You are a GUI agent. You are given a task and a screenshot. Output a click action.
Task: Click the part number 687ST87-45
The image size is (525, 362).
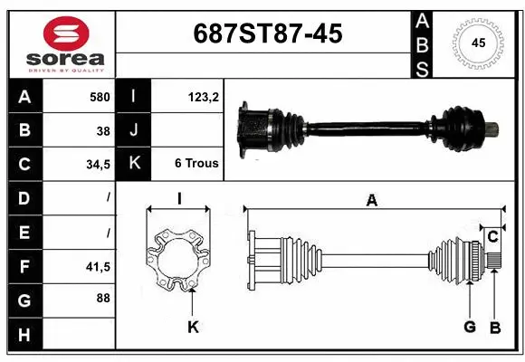coord(269,33)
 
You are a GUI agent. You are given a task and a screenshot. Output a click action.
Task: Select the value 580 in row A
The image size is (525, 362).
coord(99,97)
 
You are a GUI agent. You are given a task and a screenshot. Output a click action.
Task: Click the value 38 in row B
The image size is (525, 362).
coord(103,130)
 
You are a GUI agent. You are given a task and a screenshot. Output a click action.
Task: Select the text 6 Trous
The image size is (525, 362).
coord(196,164)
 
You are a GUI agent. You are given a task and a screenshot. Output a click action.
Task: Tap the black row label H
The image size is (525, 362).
coord(24,335)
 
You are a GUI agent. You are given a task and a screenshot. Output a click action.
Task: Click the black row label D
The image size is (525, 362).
coord(24,197)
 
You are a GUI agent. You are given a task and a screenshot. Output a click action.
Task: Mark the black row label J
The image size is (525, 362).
coord(134,130)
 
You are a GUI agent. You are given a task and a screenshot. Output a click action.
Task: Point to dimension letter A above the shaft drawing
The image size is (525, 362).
coord(371,202)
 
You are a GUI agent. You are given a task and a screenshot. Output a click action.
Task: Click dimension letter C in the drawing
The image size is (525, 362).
coord(493,237)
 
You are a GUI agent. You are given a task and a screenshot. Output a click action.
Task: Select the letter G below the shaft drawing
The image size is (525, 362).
coord(470,327)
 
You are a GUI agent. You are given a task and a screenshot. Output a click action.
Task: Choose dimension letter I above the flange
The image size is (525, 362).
coord(179,200)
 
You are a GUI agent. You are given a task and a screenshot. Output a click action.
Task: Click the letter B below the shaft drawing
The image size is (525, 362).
coord(494,327)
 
